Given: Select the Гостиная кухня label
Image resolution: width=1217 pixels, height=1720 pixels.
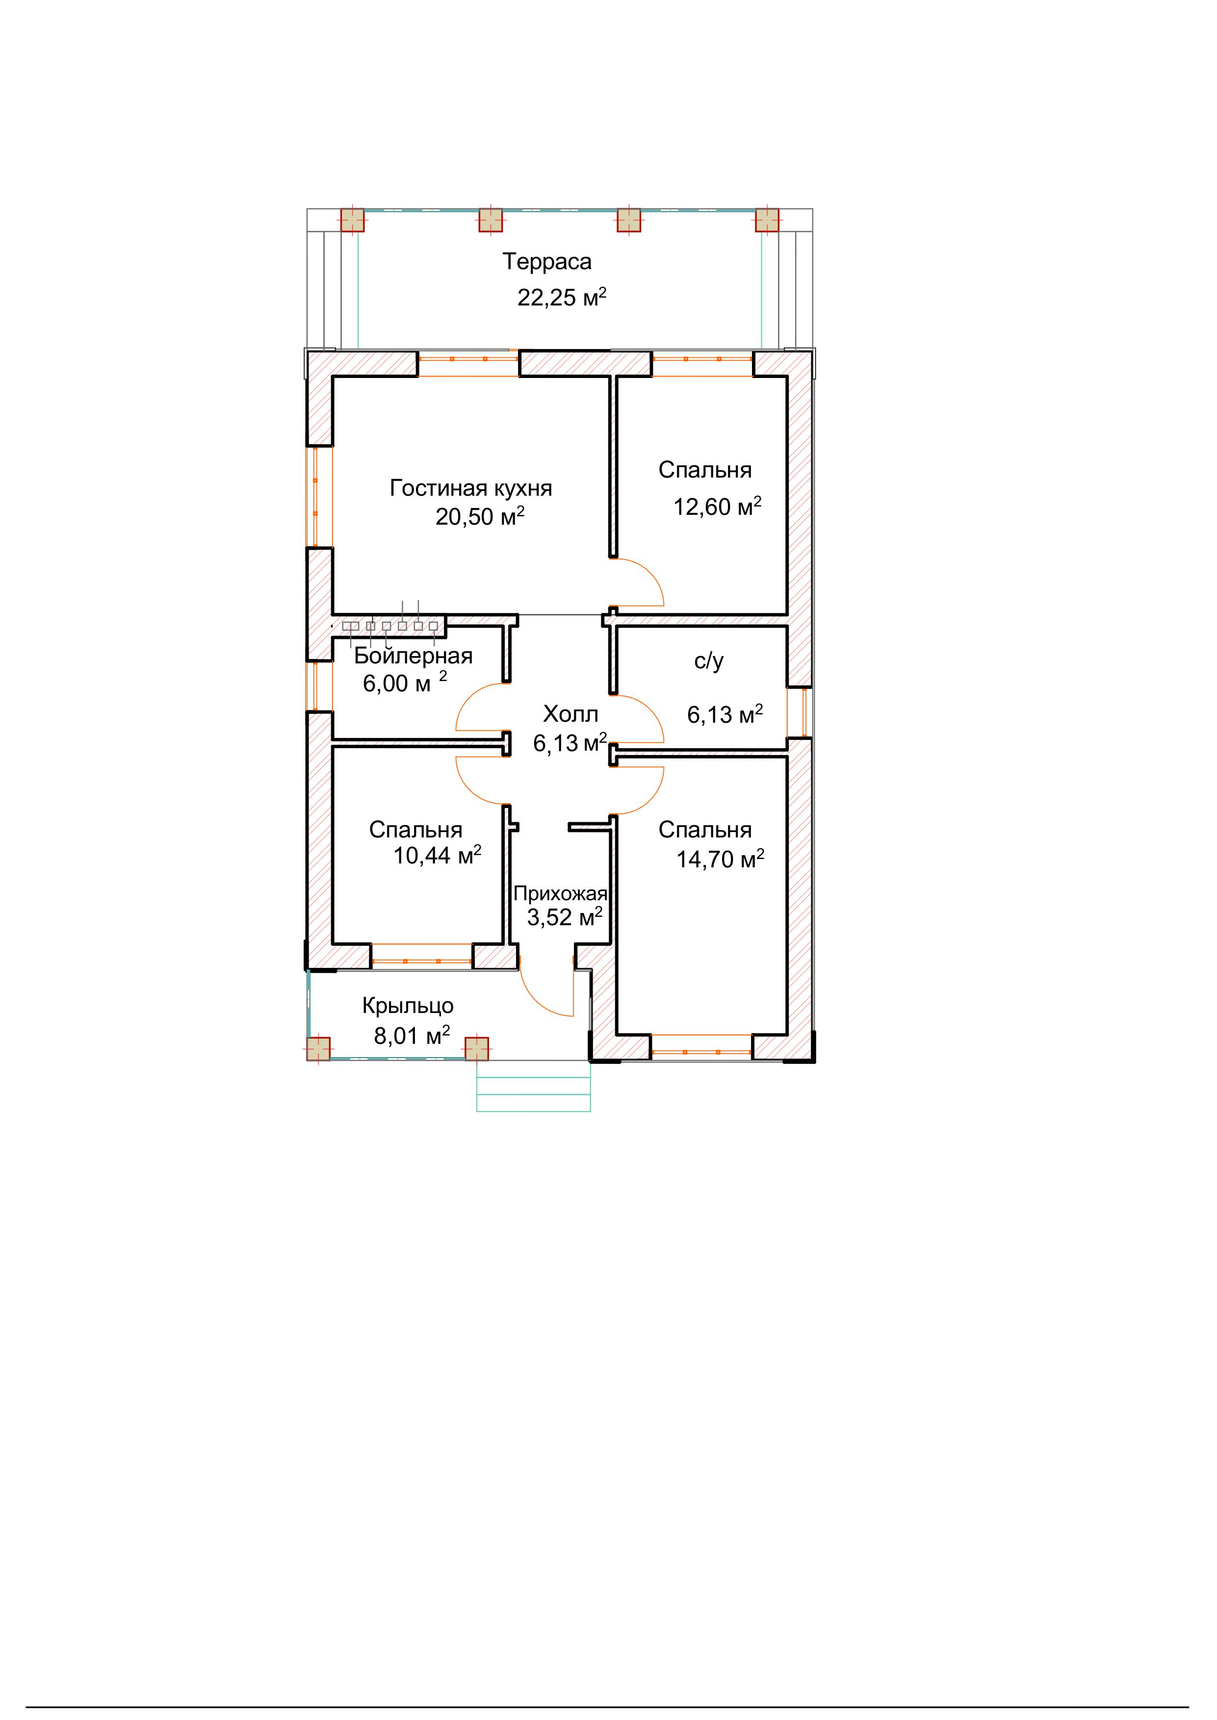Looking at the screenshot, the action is tap(470, 488).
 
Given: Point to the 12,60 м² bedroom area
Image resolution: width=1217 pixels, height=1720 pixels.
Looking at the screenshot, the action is tap(717, 506).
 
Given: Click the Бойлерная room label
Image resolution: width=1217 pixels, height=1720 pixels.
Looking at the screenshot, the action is tap(413, 656).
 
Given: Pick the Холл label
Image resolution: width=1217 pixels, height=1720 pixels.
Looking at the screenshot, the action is tap(570, 714).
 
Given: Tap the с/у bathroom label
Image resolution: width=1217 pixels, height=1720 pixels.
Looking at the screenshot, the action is tap(709, 661).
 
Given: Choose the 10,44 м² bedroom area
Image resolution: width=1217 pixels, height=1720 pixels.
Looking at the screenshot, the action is tap(438, 855).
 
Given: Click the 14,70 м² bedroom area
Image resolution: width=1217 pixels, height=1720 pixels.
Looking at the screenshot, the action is tap(720, 859).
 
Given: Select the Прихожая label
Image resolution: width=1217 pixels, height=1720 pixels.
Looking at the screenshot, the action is tap(561, 894).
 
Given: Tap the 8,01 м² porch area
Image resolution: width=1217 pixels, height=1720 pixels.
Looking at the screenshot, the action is tap(412, 1036).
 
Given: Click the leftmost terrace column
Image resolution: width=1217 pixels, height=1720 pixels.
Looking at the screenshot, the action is tap(352, 220).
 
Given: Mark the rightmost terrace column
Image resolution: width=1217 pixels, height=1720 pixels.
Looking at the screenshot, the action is tap(767, 220).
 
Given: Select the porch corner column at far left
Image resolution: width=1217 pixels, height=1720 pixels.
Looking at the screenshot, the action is tap(318, 1049).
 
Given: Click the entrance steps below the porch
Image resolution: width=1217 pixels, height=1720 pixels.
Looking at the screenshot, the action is tap(534, 1086).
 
